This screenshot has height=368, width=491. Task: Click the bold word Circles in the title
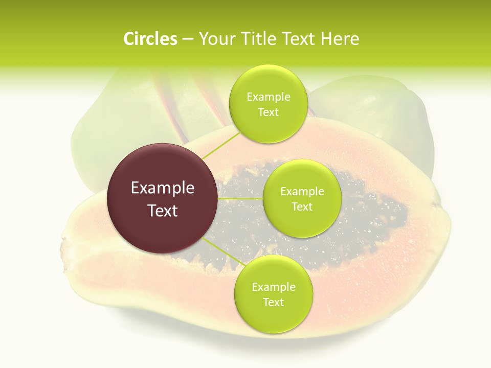pyautogui.click(x=150, y=39)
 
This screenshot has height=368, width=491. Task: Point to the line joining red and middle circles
pyautogui.click(x=240, y=198)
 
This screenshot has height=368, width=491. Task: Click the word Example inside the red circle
pyautogui.click(x=163, y=188)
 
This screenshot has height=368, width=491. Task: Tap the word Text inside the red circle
pyautogui.click(x=163, y=211)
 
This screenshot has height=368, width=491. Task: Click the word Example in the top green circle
pyautogui.click(x=268, y=97)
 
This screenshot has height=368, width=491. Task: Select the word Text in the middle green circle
pyautogui.click(x=302, y=206)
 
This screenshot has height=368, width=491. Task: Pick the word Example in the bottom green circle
pyautogui.click(x=273, y=287)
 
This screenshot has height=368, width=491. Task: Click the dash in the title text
pyautogui.click(x=187, y=39)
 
